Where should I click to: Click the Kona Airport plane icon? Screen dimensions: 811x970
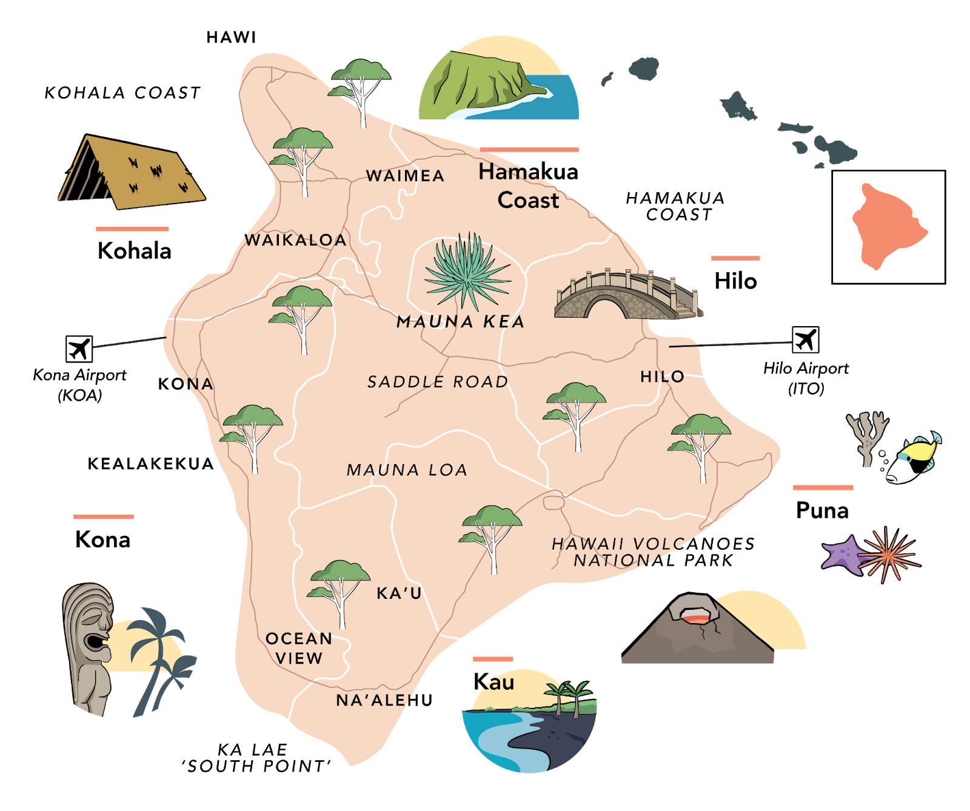coord(79,349)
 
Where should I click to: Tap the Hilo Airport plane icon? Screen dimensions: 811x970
coord(805,339)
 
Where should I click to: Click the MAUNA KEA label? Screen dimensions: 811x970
coord(460,322)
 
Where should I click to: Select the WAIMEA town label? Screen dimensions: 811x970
coord(405,176)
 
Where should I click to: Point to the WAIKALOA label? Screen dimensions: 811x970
coord(295,240)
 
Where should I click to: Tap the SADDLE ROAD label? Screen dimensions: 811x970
coord(438,382)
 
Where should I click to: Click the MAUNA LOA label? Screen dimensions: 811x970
coord(407,470)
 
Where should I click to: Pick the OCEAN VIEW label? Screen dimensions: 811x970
coord(299,648)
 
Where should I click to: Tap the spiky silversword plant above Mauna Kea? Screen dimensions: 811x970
coord(467,270)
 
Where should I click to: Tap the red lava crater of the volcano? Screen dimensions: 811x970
coord(697,618)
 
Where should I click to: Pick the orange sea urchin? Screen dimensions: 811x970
coord(888,555)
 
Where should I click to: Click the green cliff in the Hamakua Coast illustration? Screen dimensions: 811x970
coord(479,85)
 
